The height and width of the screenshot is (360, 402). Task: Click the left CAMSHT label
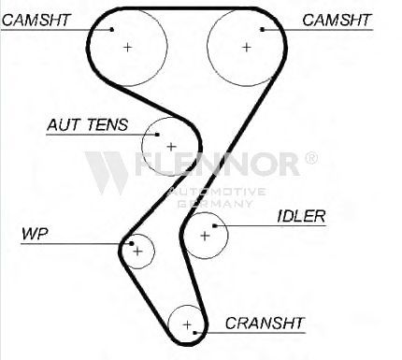pos(36,20)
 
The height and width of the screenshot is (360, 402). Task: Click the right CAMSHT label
pos(337,20)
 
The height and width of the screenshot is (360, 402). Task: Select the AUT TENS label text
pos(87,124)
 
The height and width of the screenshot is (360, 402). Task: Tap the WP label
pos(35,234)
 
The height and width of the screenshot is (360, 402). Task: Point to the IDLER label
pos(301,216)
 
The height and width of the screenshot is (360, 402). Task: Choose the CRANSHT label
pos(265,324)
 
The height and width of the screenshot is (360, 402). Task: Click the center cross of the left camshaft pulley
pos(127,47)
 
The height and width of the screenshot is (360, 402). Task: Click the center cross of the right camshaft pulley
pos(247,47)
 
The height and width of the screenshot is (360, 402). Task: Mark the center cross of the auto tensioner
pos(171,146)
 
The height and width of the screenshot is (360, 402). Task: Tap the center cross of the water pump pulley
pos(137,251)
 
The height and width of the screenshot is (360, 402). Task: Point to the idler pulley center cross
pos(205,236)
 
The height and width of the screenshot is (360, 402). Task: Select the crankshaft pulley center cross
pos(187,325)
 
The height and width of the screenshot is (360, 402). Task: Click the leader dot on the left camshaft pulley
pos(112,30)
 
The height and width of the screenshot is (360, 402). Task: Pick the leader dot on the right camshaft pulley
pos(263,30)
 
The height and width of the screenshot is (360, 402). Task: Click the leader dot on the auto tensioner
pos(158,135)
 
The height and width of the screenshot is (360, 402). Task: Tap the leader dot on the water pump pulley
pos(132,243)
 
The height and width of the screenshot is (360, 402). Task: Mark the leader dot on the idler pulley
pos(214,225)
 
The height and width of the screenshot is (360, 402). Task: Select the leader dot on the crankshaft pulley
pos(195,333)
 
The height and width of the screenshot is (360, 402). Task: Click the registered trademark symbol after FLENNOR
pos(310,158)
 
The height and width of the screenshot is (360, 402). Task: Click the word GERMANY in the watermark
pos(215,204)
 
